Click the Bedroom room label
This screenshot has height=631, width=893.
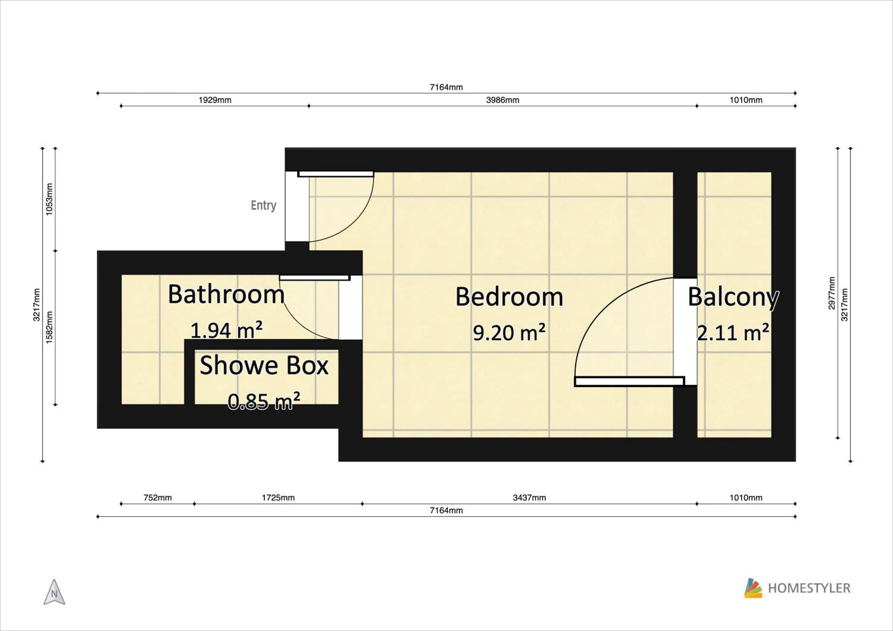[x=509, y=297]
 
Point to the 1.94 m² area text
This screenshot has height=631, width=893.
[x=226, y=330]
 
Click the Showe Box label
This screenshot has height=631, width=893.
[x=264, y=366]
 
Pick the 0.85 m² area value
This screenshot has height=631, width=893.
[x=264, y=401]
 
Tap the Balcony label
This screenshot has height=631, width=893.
[x=733, y=297]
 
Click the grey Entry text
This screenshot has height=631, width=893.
[x=263, y=205]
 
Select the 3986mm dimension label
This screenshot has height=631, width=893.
[x=502, y=100]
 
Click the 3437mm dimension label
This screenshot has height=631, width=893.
[x=529, y=498]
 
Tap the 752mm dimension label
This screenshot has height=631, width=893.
[x=157, y=498]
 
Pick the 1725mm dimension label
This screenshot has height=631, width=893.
[x=278, y=498]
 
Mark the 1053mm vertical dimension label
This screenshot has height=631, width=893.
[x=49, y=199]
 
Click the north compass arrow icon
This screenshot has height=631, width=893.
[x=54, y=593]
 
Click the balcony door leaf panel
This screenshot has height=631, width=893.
[x=629, y=381]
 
